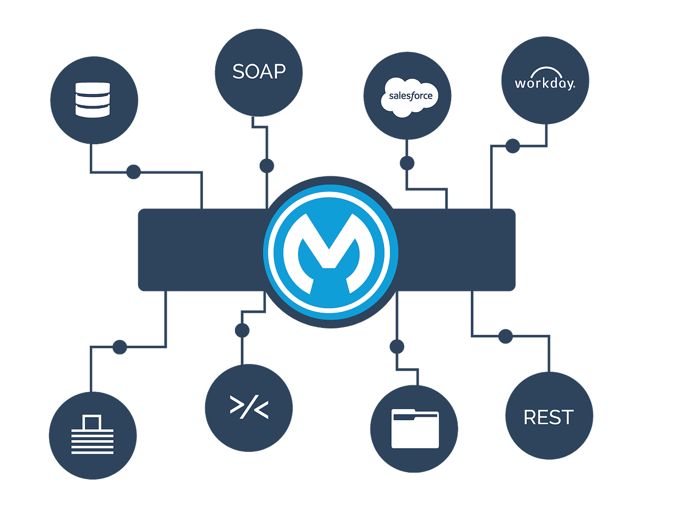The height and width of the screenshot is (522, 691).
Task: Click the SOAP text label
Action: tap(259, 72)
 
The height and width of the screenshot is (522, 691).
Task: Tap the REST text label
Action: tap(548, 418)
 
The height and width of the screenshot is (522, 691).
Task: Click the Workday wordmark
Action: tap(545, 83)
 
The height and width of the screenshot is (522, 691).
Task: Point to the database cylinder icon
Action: tap(93, 100)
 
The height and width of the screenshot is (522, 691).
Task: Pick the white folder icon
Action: tap(415, 429)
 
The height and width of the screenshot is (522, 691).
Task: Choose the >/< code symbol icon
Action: tap(249, 407)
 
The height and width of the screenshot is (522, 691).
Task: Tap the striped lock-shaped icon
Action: tap(92, 435)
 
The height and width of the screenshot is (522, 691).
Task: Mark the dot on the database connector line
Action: tap(133, 172)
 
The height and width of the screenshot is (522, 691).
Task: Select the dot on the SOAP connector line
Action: tap(267, 165)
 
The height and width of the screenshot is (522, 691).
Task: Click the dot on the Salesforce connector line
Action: tap(407, 162)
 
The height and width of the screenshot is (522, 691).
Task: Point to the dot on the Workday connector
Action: tap(512, 146)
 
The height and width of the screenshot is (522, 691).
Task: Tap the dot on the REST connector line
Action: tap(505, 337)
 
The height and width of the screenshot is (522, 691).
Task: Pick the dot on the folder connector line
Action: tap(396, 347)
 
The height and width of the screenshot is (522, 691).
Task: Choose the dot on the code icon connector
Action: tap(242, 330)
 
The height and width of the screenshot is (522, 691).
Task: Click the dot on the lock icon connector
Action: tap(120, 347)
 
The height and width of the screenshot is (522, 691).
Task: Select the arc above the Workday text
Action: tap(544, 71)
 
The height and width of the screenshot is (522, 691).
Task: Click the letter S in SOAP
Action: tap(239, 72)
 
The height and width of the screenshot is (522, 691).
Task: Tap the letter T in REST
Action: tap(567, 418)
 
